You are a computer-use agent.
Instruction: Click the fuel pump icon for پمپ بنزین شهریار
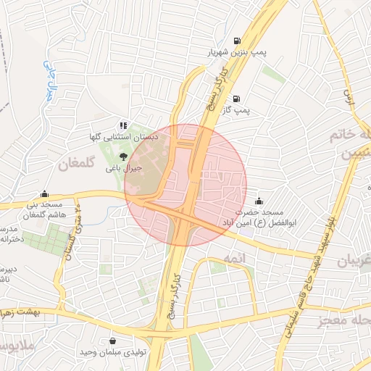pyautogui.click(x=237, y=41)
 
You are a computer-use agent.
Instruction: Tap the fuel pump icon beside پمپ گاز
pyautogui.click(x=237, y=99)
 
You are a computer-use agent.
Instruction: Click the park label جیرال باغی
pyautogui.click(x=123, y=167)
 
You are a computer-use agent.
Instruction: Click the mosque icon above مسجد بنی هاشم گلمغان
pyautogui.click(x=46, y=193)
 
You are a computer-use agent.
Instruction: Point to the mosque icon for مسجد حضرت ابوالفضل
pyautogui.click(x=260, y=200)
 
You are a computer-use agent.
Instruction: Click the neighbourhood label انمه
pyautogui.click(x=235, y=259)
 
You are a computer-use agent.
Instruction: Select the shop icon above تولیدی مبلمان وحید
pyautogui.click(x=112, y=341)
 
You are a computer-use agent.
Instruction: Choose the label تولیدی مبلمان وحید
pyautogui.click(x=114, y=352)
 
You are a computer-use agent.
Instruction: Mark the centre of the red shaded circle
pyautogui.click(x=185, y=185)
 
